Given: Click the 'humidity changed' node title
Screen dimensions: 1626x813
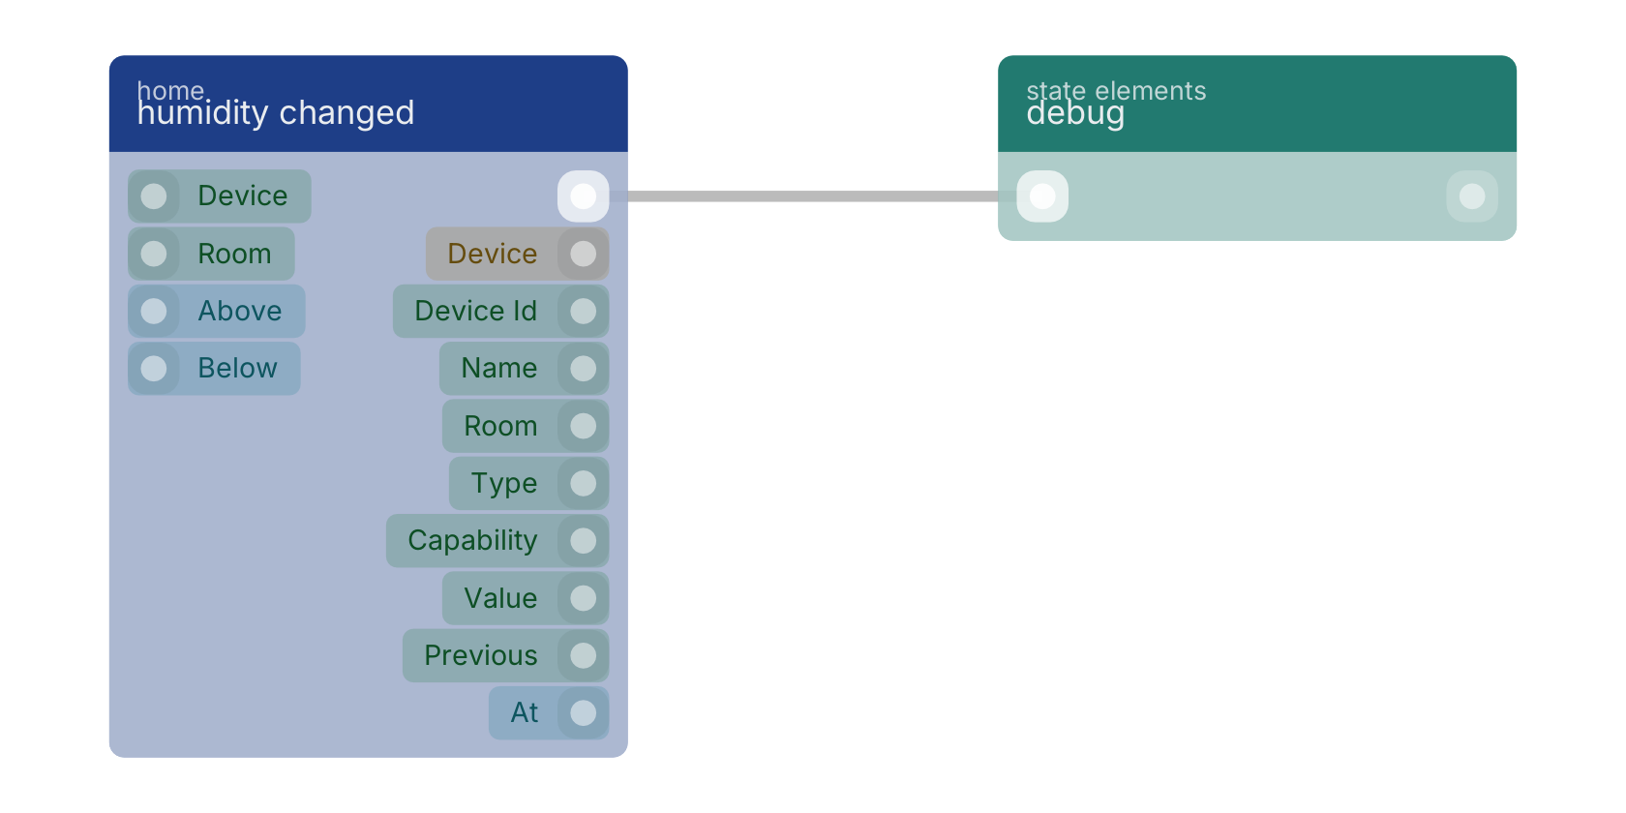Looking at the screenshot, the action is pyautogui.click(x=275, y=112).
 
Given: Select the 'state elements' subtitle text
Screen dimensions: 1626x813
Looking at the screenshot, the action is pyautogui.click(x=1116, y=91).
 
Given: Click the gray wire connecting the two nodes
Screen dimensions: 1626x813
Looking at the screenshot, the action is pyautogui.click(x=813, y=196).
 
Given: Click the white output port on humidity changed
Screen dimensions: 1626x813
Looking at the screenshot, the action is pyautogui.click(x=583, y=196).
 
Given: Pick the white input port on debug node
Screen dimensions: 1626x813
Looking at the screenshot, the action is pyautogui.click(x=1042, y=196).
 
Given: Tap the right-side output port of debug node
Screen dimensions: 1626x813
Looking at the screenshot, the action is pyautogui.click(x=1471, y=196).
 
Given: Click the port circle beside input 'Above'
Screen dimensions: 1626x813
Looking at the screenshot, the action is pyautogui.click(x=154, y=311).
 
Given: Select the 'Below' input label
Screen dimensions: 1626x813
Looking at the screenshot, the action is pyautogui.click(x=237, y=368).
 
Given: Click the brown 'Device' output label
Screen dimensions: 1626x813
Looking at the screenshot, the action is pyautogui.click(x=492, y=254).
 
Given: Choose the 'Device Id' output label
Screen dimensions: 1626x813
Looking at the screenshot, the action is pyautogui.click(x=475, y=311).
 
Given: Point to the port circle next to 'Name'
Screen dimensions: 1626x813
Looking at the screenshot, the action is pyautogui.click(x=583, y=368).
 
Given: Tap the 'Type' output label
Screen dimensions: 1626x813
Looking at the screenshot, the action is pyautogui.click(x=503, y=483).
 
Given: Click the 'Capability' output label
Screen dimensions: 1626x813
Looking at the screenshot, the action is pyautogui.click(x=472, y=540).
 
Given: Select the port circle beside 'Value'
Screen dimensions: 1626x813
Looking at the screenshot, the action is pyautogui.click(x=583, y=598).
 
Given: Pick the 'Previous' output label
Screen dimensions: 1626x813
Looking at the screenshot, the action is pyautogui.click(x=480, y=655).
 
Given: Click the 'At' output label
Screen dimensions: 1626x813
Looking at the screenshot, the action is pyautogui.click(x=525, y=712).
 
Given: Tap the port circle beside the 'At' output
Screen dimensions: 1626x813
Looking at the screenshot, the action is pyautogui.click(x=583, y=712).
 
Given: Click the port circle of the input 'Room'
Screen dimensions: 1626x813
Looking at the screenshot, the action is pyautogui.click(x=154, y=254).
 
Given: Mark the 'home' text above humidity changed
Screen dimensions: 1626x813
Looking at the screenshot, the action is pyautogui.click(x=170, y=89).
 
